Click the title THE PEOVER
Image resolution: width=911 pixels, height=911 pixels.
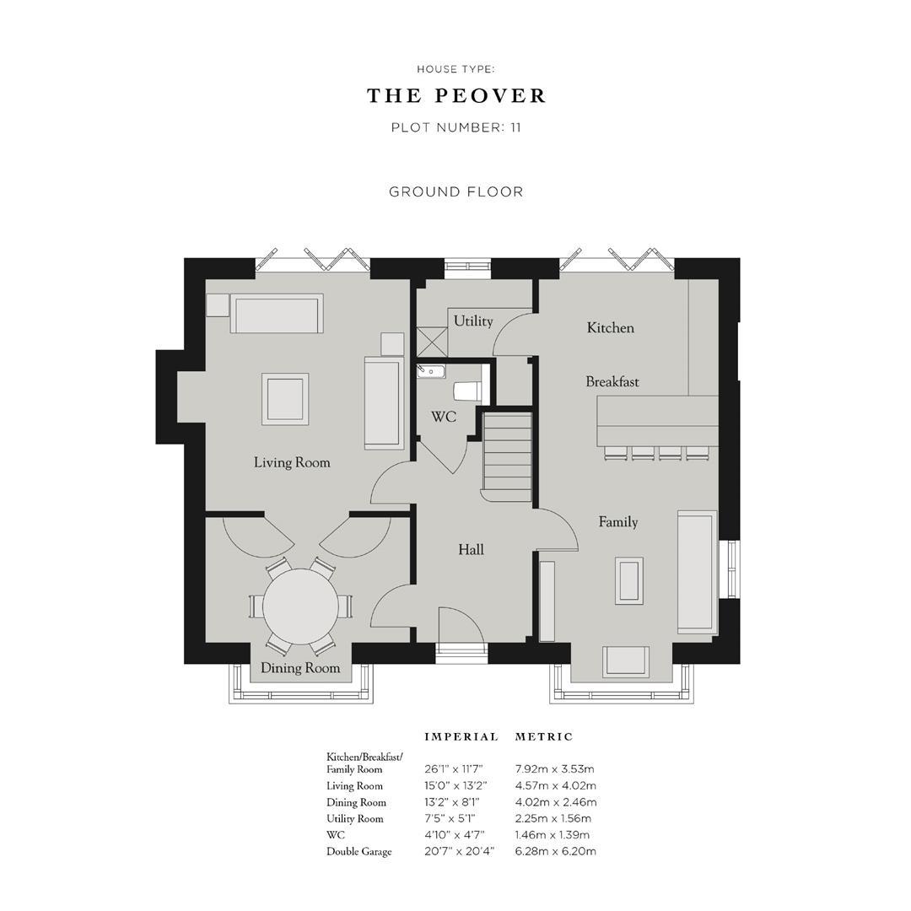[x=456, y=96]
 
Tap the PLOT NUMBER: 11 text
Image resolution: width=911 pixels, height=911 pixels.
[x=456, y=128]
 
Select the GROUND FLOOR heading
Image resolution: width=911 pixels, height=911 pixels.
[x=456, y=191]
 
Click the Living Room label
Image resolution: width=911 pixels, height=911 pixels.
[x=292, y=462]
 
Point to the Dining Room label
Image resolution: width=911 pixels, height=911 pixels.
[x=299, y=668]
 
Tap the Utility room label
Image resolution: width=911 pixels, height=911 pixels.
[x=473, y=321]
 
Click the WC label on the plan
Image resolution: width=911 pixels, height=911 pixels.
[x=444, y=417]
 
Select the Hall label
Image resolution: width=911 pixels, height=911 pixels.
[x=471, y=550]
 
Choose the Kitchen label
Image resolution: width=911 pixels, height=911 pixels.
[x=610, y=327]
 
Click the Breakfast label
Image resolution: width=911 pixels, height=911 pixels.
[x=612, y=381]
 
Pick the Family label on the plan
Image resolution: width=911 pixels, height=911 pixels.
[x=618, y=522]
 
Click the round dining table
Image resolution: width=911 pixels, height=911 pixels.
[x=300, y=606]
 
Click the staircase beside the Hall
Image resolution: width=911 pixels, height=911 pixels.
[x=507, y=451]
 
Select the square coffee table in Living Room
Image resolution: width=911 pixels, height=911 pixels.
[x=285, y=399]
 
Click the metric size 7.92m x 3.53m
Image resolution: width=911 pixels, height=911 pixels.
[x=554, y=769]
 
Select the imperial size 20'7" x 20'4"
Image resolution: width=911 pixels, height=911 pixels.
[x=459, y=851]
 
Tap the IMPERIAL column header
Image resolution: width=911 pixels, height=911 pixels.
[x=461, y=736]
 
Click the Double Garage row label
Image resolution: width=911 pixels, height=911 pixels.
[x=359, y=851]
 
